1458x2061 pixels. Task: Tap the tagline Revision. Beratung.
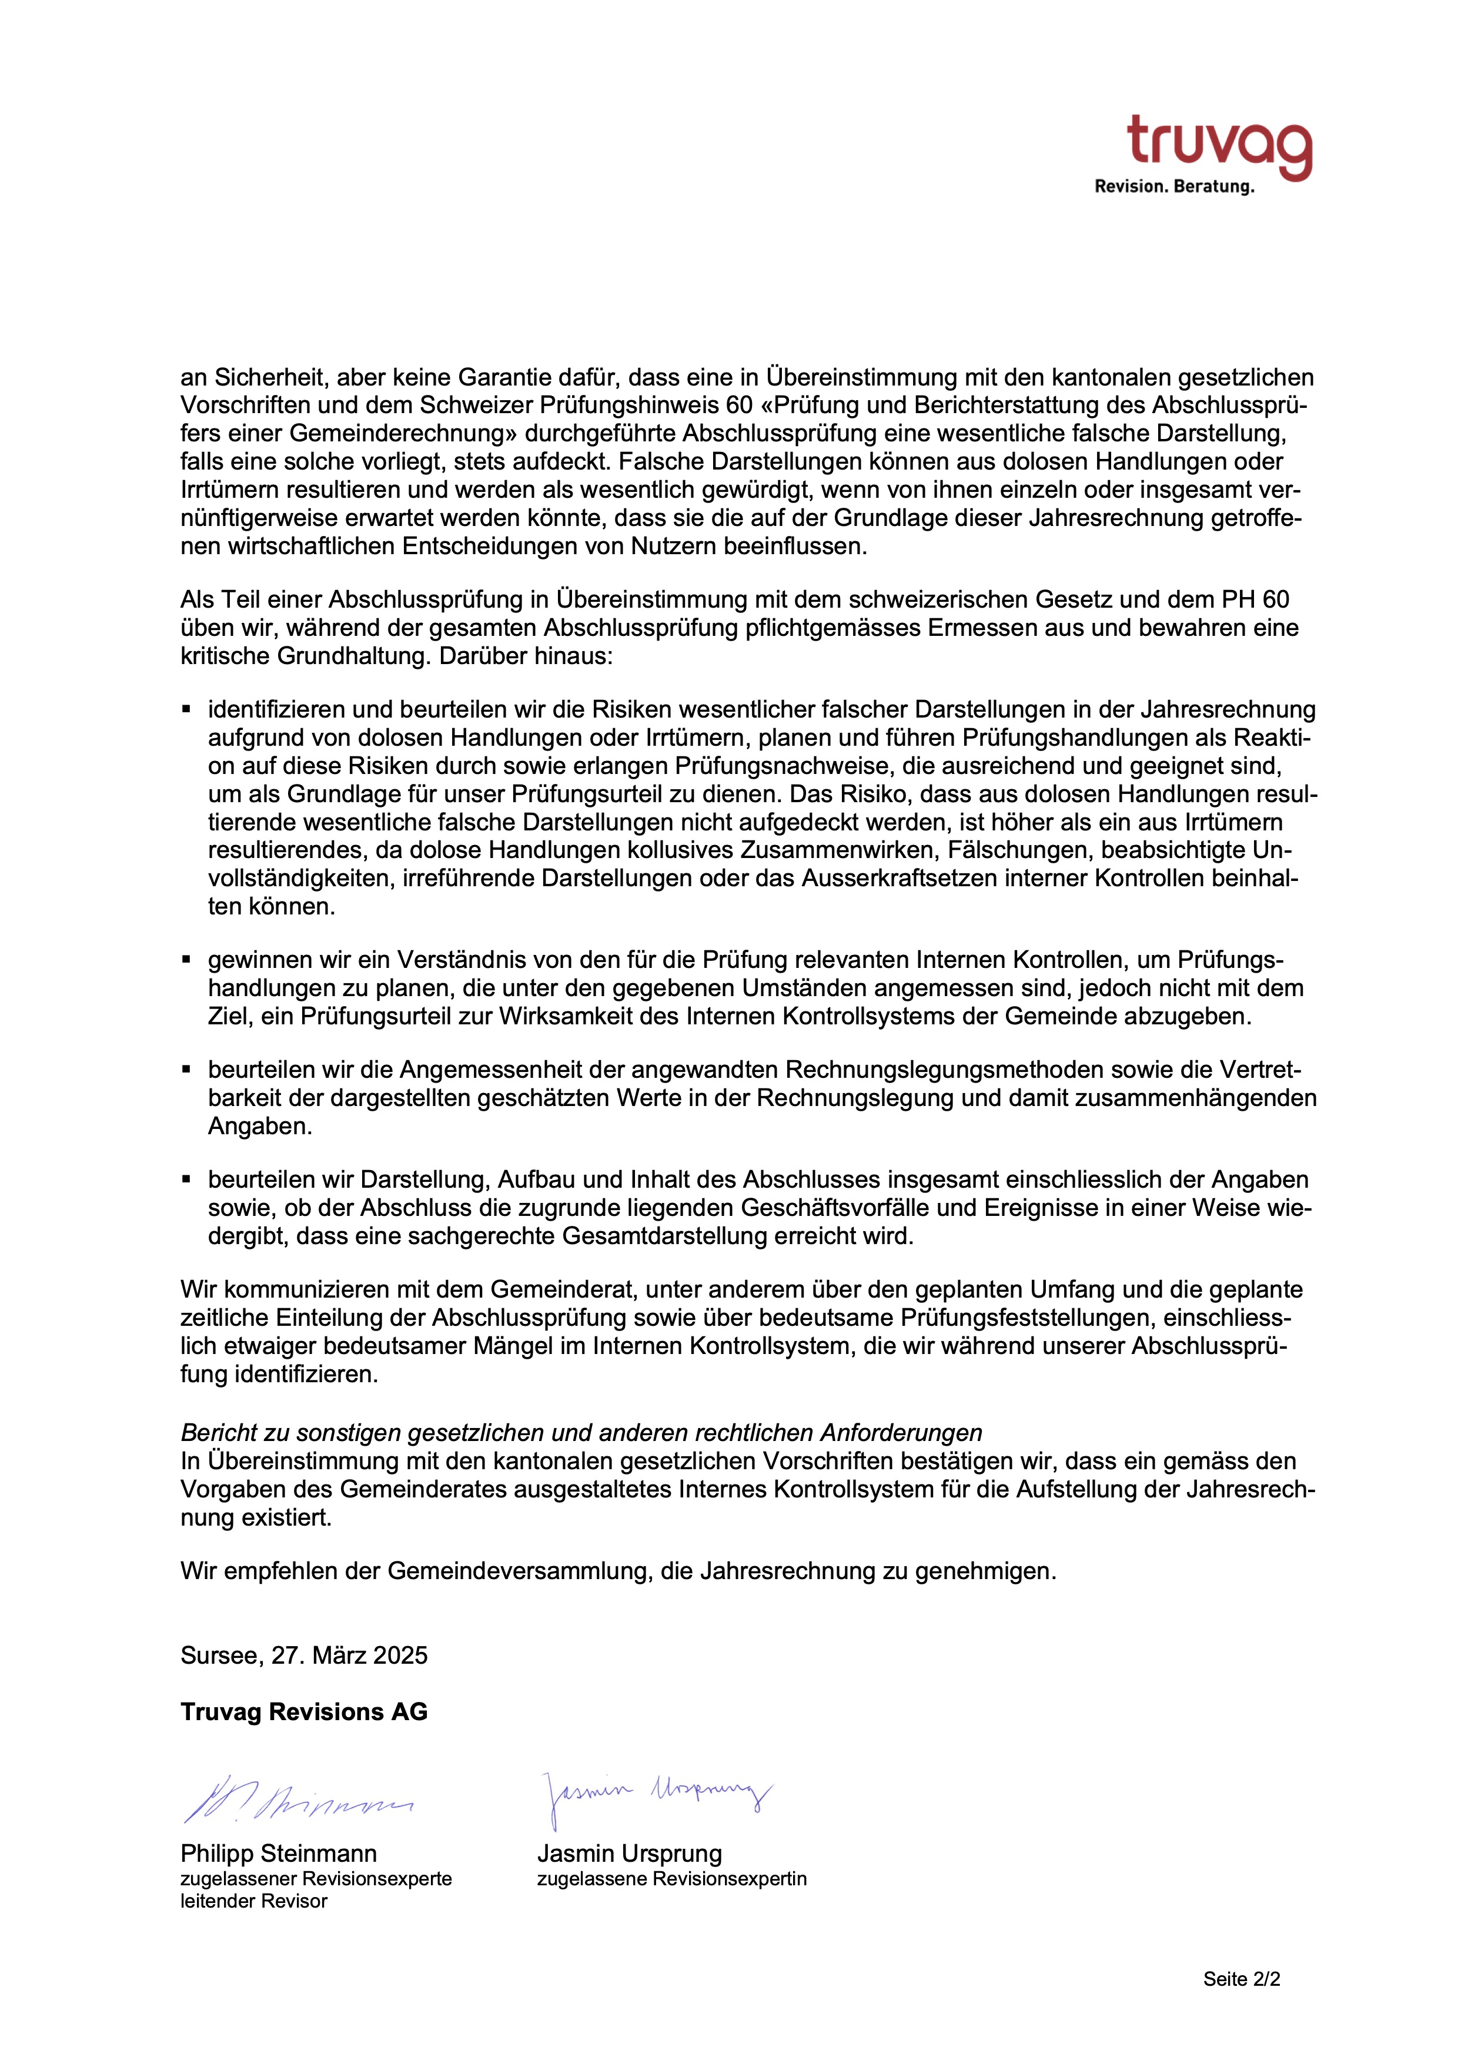pyautogui.click(x=1173, y=187)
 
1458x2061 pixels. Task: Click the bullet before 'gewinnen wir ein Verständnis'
pyautogui.click(x=187, y=960)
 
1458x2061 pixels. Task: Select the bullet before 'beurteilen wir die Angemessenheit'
pyautogui.click(x=187, y=1070)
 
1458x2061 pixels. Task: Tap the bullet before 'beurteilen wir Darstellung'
pyautogui.click(x=187, y=1179)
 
